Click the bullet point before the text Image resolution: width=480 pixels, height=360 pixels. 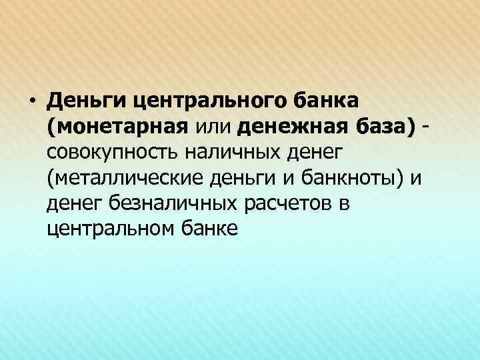pos(31,101)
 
